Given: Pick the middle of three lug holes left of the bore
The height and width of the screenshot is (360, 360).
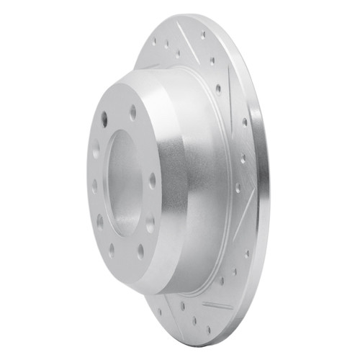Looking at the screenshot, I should tap(96, 184).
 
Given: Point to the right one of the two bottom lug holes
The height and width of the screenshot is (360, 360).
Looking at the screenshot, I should tap(140, 253).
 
